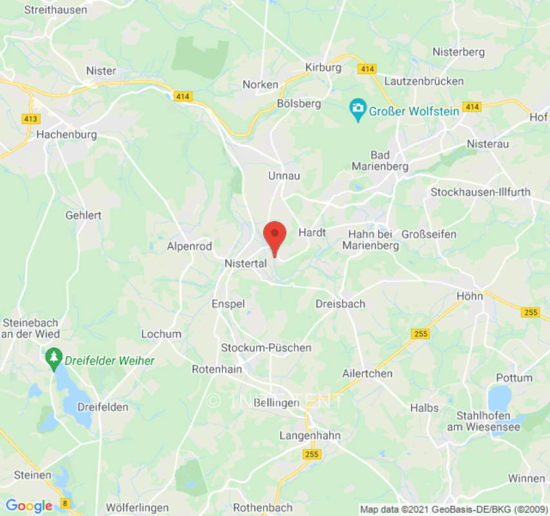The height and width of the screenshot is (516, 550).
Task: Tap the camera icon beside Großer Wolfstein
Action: (x=357, y=110)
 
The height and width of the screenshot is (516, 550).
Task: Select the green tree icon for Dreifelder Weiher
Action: (x=54, y=359)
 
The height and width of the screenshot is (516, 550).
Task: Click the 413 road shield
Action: (x=30, y=119)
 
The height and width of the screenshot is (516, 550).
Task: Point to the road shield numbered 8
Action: (x=65, y=502)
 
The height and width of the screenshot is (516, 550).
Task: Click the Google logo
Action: (x=28, y=506)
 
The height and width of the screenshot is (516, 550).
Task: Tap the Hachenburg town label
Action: (x=66, y=135)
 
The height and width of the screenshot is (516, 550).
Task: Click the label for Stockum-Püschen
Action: (x=266, y=348)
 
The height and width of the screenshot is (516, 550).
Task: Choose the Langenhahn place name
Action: (x=309, y=435)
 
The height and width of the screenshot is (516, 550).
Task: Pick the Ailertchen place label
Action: (x=368, y=373)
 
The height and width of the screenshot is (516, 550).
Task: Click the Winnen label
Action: (x=526, y=478)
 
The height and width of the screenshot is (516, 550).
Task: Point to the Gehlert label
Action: (x=84, y=215)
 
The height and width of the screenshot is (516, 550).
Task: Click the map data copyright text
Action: (x=453, y=509)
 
